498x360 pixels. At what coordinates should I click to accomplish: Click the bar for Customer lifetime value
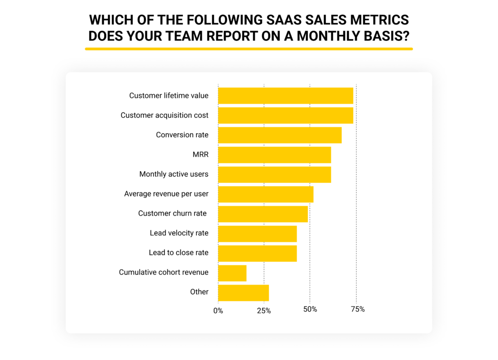(x=285, y=96)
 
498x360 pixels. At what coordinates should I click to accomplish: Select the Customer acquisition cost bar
(x=285, y=115)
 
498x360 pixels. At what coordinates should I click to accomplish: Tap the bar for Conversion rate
(x=280, y=135)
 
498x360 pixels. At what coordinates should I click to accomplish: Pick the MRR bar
(x=274, y=155)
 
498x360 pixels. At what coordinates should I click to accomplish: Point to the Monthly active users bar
(x=274, y=174)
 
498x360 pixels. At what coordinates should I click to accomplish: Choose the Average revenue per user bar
(x=266, y=194)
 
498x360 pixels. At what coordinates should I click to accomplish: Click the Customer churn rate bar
(x=263, y=214)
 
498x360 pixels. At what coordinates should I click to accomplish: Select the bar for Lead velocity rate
(x=257, y=234)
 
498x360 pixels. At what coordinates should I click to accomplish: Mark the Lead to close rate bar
(x=257, y=253)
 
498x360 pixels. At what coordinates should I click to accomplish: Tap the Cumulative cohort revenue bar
(x=232, y=273)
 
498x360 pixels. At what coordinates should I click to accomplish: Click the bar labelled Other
(x=243, y=292)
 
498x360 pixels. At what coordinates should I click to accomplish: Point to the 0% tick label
(x=218, y=310)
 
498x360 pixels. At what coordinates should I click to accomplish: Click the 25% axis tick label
(x=264, y=310)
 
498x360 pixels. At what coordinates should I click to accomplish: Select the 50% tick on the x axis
(x=310, y=309)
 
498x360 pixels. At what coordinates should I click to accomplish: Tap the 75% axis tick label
(x=357, y=309)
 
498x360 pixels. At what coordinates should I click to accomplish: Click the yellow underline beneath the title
(x=249, y=49)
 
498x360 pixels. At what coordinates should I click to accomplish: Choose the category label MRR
(x=200, y=155)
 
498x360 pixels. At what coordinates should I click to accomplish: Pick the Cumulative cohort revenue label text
(x=163, y=272)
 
